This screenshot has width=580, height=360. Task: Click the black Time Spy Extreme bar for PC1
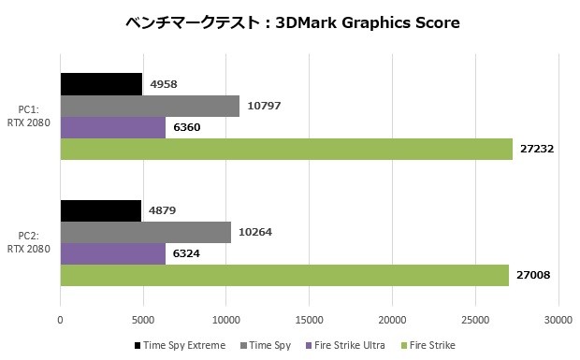(x=101, y=84)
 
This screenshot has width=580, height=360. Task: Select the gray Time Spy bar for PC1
(x=150, y=106)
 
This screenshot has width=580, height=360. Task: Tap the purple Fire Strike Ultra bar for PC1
(x=113, y=127)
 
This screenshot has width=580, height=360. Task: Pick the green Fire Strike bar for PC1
(x=286, y=149)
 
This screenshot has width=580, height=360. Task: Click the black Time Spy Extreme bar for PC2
(x=101, y=210)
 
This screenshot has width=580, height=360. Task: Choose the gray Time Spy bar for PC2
(x=146, y=232)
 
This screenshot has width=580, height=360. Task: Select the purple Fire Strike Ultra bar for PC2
(x=113, y=253)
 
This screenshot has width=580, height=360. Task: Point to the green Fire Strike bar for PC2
(x=284, y=275)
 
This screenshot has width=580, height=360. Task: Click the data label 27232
(x=537, y=149)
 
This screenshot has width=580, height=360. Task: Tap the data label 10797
(x=264, y=106)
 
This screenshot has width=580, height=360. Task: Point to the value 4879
(x=163, y=210)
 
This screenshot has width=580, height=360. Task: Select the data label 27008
(x=533, y=275)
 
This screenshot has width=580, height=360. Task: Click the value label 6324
(x=186, y=253)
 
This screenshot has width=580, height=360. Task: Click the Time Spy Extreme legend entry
(x=181, y=345)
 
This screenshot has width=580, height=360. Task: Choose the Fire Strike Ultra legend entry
(x=345, y=345)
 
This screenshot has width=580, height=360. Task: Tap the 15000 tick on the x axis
(x=310, y=320)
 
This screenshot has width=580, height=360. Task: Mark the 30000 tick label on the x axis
(x=558, y=320)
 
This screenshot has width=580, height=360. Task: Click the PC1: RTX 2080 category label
(x=28, y=116)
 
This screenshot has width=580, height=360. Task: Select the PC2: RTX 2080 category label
(x=28, y=242)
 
